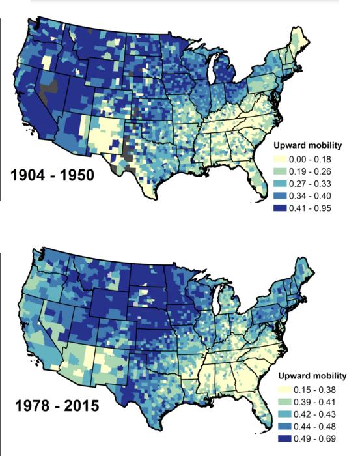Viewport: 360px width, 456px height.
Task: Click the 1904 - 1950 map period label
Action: click(52, 175)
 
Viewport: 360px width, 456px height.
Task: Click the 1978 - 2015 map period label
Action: click(57, 405)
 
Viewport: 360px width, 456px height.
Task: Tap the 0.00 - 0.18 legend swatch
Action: click(280, 159)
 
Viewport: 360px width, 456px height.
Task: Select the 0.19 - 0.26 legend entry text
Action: click(310, 171)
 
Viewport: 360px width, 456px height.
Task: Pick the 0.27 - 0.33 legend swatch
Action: click(280, 184)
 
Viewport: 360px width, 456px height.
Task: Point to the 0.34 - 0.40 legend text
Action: click(310, 196)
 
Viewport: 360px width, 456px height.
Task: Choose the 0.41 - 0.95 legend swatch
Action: click(280, 208)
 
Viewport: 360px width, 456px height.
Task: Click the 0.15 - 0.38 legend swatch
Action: click(284, 390)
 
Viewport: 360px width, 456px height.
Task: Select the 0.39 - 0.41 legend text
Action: click(314, 402)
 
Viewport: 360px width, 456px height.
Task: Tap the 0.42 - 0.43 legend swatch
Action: click(284, 414)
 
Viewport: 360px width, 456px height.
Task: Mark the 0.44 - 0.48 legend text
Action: click(314, 426)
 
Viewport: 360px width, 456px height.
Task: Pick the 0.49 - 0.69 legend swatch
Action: click(284, 438)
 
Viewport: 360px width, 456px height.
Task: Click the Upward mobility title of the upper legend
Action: click(307, 145)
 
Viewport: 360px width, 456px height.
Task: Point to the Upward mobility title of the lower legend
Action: click(312, 376)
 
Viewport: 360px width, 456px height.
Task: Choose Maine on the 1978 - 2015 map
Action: click(302, 268)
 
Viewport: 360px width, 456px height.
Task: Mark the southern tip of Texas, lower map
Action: click(153, 430)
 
